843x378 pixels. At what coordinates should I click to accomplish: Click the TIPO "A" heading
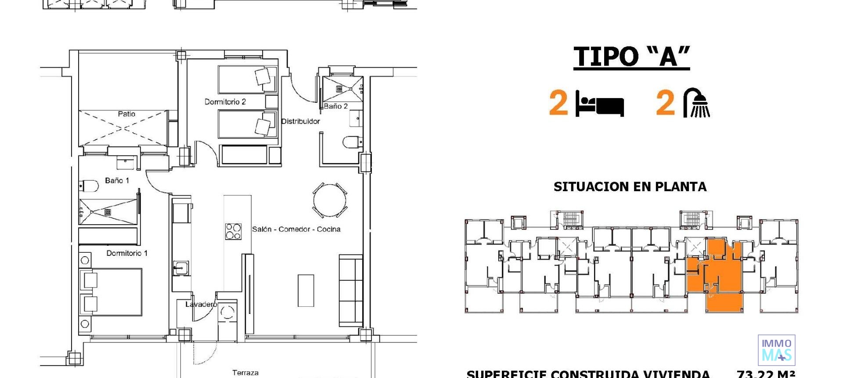tap(631, 57)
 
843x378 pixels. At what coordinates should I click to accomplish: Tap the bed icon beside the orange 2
tap(599, 104)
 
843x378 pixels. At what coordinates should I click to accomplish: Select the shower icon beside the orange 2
tap(697, 103)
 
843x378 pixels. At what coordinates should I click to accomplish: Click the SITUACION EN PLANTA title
tap(630, 187)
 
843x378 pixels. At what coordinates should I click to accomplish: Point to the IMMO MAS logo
tap(776, 350)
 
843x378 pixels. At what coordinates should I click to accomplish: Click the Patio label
tap(126, 114)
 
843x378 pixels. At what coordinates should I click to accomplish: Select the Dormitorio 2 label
tap(225, 102)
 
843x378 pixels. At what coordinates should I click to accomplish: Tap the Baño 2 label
tap(336, 106)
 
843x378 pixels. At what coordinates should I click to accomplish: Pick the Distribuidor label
tap(300, 121)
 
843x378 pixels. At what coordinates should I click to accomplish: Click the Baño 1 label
tap(117, 180)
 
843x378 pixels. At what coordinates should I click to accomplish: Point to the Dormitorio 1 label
tap(127, 253)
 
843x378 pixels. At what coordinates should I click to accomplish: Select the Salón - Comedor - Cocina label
tap(296, 229)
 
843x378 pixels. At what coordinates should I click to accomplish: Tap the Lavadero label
tap(201, 304)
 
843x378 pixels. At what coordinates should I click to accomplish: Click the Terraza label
tap(245, 373)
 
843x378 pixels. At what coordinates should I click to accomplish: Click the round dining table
tap(330, 200)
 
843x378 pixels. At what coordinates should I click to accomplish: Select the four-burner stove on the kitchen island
tap(233, 232)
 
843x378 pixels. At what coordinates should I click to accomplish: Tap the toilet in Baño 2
tap(352, 142)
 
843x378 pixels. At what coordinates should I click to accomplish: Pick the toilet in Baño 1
tap(89, 186)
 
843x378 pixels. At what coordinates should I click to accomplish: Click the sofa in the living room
tap(351, 291)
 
